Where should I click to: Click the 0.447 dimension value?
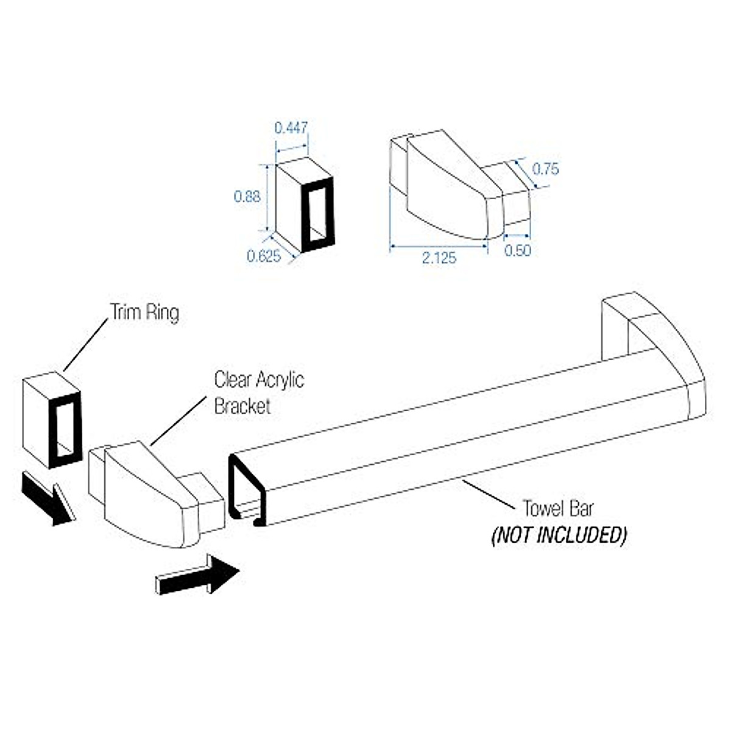point(291,128)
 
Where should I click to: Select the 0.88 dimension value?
point(247,196)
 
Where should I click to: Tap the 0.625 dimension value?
point(264,256)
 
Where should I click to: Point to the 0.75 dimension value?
point(545,169)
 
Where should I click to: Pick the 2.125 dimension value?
point(439,258)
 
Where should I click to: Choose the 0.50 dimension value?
point(518,250)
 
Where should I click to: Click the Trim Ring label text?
point(144,313)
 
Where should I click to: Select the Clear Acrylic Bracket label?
point(258,393)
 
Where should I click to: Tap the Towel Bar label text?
point(558,508)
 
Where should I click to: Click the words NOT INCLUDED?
point(559,535)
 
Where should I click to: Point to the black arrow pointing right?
point(198,574)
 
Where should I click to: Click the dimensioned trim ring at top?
point(305,204)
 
